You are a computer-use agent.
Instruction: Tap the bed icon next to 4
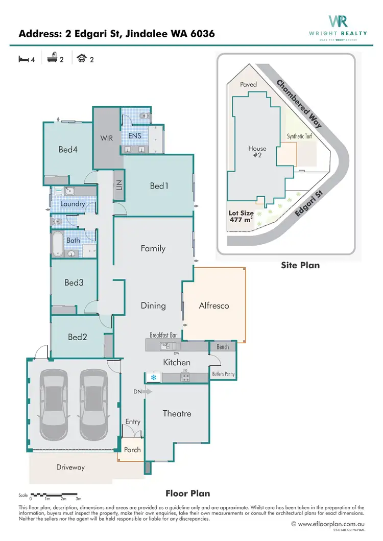(x=23, y=59)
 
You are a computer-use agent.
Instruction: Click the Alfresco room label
(x=213, y=305)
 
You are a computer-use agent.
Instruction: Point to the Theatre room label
(x=177, y=413)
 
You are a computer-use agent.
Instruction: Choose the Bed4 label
(x=67, y=150)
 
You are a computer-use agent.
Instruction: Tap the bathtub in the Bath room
(x=57, y=245)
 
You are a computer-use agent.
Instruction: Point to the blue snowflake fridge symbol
(x=153, y=378)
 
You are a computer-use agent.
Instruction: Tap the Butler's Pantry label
(x=223, y=374)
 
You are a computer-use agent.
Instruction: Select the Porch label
(x=132, y=450)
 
